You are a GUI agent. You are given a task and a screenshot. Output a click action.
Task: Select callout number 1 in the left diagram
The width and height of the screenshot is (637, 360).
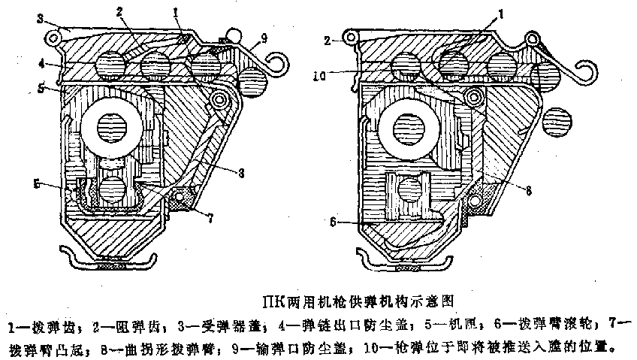point(175,12)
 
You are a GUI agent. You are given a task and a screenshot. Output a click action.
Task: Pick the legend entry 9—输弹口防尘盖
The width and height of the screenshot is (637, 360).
point(278,347)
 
